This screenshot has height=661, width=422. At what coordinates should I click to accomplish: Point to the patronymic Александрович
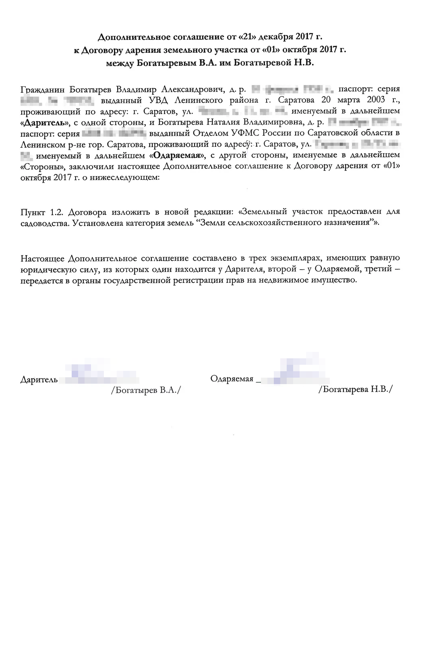coord(193,89)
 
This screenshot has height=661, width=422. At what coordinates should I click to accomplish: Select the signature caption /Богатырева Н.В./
coord(355,389)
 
